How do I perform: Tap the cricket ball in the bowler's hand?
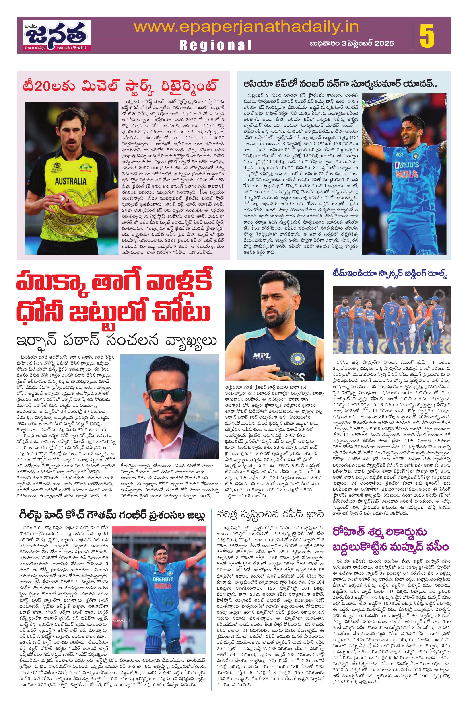pos(62,199)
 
